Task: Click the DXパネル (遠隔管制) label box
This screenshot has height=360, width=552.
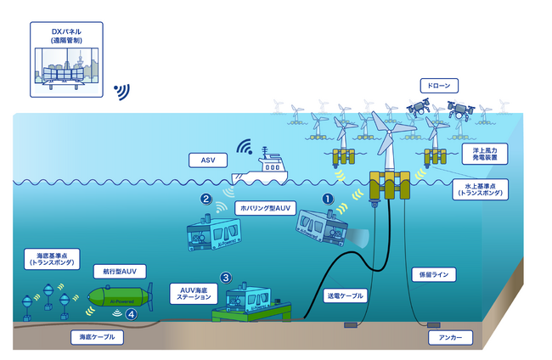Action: [x=65, y=36]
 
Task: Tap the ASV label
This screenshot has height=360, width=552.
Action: [x=209, y=159]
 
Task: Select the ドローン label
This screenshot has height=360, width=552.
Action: [x=440, y=86]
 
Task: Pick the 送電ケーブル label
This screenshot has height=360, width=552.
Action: [x=346, y=296]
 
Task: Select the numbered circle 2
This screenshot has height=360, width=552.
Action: [x=206, y=200]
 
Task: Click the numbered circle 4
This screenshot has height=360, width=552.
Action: [x=131, y=314]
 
